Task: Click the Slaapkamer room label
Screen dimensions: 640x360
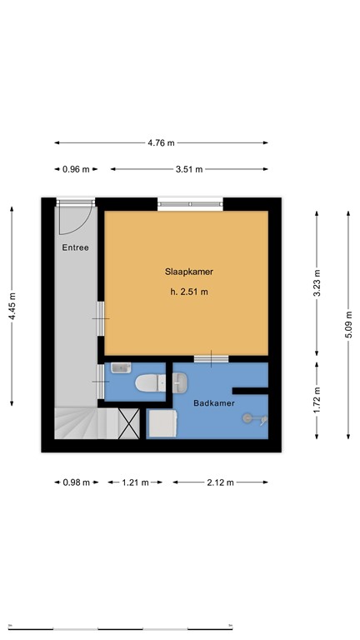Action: coord(187,271)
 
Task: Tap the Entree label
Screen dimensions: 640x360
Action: coord(75,247)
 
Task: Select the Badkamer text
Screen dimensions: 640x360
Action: coord(213,403)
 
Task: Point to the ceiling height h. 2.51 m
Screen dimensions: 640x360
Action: coord(187,292)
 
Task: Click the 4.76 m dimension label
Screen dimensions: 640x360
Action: coord(161,142)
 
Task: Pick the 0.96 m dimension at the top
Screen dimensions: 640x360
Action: coord(76,169)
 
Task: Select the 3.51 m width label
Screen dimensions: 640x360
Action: coord(188,169)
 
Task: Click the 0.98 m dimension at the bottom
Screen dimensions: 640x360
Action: coord(76,482)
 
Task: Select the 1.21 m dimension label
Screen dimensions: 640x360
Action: coord(135,482)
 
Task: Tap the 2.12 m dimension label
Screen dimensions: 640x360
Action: coord(220,482)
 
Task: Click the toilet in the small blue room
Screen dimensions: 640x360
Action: coord(151,384)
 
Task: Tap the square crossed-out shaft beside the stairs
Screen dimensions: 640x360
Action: coord(129,423)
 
